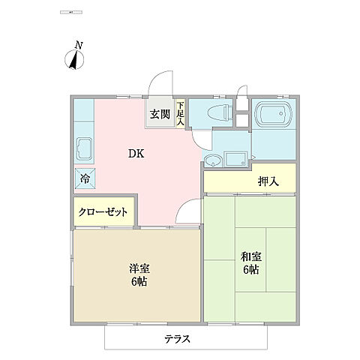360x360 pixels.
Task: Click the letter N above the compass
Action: pyautogui.click(x=79, y=46)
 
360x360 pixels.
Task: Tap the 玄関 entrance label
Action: pyautogui.click(x=158, y=115)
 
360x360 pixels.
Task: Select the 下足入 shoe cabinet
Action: pyautogui.click(x=180, y=115)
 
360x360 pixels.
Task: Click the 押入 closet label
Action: pyautogui.click(x=268, y=181)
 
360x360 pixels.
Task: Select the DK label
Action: pyautogui.click(x=136, y=154)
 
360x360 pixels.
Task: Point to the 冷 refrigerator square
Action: pyautogui.click(x=84, y=178)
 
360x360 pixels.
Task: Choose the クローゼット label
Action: pyautogui.click(x=103, y=212)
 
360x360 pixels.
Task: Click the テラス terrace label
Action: pyautogui.click(x=178, y=338)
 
